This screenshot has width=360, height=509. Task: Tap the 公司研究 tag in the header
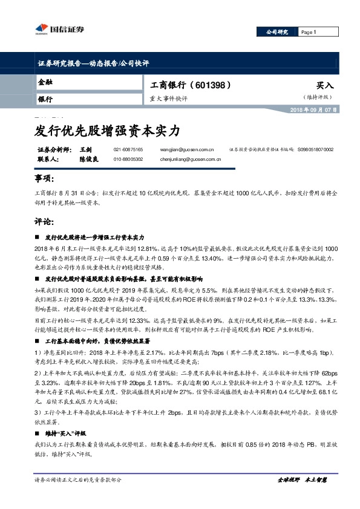278,32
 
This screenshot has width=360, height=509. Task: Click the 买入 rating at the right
325,86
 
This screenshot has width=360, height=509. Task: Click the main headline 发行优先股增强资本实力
105,129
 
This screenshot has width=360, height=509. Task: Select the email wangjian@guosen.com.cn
188,149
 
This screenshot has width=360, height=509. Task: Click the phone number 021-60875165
128,149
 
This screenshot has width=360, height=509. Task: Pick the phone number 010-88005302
128,159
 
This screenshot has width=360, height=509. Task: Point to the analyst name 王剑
85,149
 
